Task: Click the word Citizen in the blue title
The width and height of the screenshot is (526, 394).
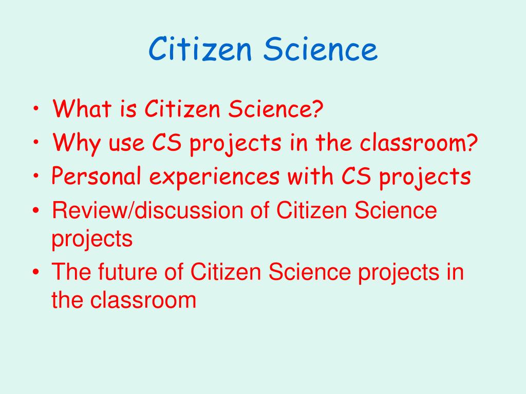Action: click(x=200, y=49)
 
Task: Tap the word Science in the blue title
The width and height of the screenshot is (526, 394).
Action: click(x=321, y=49)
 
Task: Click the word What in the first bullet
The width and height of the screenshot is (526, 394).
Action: click(x=82, y=108)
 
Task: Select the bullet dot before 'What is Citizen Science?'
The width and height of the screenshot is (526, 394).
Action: click(x=36, y=109)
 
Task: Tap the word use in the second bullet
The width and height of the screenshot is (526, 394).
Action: click(x=126, y=144)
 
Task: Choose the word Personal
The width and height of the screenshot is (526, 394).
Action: click(x=96, y=175)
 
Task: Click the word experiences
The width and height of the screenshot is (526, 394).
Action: click(x=214, y=176)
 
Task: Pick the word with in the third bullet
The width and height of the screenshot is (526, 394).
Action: click(x=310, y=175)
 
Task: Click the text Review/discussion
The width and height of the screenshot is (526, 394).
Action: click(x=147, y=210)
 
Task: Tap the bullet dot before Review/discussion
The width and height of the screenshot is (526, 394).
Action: click(x=36, y=210)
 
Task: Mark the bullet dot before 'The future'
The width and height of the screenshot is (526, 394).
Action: click(x=36, y=271)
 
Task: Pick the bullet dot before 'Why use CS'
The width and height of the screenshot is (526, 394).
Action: click(x=36, y=142)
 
